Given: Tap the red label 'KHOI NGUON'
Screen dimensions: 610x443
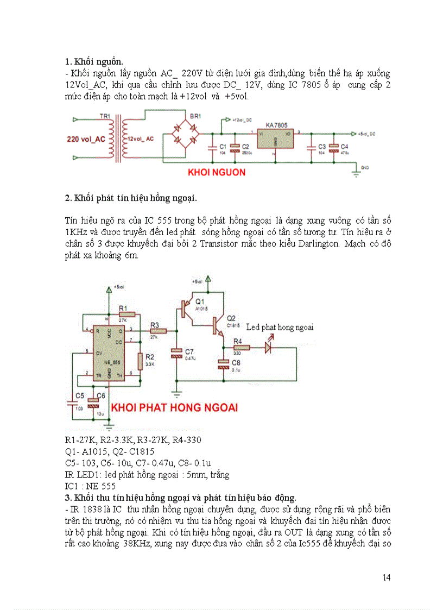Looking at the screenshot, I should [x=217, y=172].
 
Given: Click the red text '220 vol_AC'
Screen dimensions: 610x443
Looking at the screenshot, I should [x=86, y=139].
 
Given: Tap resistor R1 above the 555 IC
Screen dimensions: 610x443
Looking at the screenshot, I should [x=126, y=313].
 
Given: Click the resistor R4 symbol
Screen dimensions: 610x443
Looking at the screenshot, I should [x=241, y=348].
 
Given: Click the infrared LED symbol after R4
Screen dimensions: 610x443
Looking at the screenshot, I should [x=268, y=348].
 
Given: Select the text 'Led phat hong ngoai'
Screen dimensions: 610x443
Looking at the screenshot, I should [x=280, y=328].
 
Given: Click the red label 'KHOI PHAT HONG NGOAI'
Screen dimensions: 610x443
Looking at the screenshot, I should [x=174, y=407].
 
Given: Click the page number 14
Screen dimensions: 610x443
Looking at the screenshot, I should [x=386, y=577].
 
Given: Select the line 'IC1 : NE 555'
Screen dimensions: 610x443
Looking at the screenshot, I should [x=90, y=486].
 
